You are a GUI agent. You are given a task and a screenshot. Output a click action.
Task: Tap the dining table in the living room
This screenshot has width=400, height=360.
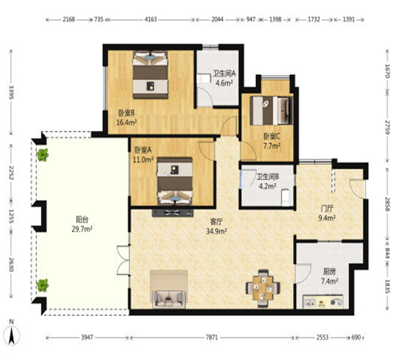click(263, 288)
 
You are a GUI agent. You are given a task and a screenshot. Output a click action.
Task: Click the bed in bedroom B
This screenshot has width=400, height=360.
click(150, 74)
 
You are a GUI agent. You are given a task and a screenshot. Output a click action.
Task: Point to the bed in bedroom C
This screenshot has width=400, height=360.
click(271, 110)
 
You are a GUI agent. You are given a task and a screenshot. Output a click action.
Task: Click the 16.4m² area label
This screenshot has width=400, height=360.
click(127, 123)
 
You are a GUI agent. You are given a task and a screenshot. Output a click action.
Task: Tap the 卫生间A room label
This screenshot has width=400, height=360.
click(224, 74)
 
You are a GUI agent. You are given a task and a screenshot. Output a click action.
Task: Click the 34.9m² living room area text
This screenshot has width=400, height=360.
click(216, 232)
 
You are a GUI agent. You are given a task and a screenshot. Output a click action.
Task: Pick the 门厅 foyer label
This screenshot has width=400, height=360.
click(327, 209)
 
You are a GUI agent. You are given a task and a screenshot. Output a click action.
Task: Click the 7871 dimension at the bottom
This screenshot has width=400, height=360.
click(212, 338)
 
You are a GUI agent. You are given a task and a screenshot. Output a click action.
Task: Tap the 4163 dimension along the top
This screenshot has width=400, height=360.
click(150, 19)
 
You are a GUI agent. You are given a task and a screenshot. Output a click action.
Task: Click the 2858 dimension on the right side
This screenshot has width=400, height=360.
click(388, 204)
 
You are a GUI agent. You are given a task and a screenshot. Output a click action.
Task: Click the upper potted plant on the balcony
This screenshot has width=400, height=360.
click(42, 155)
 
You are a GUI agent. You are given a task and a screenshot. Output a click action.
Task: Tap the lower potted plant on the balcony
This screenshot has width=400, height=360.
click(42, 285)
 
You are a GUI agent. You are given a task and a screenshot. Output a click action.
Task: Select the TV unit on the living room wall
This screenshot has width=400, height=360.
click(173, 213)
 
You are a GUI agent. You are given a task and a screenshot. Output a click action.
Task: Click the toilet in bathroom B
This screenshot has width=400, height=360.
click(286, 197)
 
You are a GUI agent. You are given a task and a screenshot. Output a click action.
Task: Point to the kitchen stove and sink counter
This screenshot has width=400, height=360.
click(323, 302)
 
